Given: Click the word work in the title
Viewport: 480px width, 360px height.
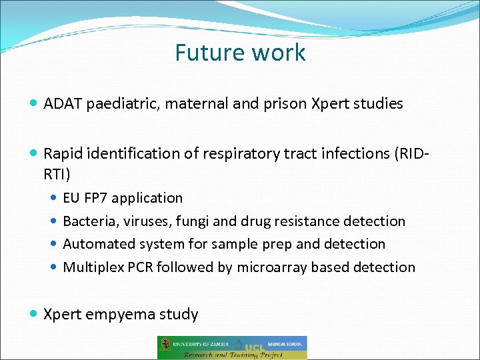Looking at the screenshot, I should coord(280,53).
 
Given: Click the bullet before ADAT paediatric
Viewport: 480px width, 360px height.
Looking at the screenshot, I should coord(34,103).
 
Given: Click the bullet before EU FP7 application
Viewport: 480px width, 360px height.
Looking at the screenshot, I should coord(54,198).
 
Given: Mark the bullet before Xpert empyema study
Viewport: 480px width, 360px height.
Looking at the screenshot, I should coord(34,314).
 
